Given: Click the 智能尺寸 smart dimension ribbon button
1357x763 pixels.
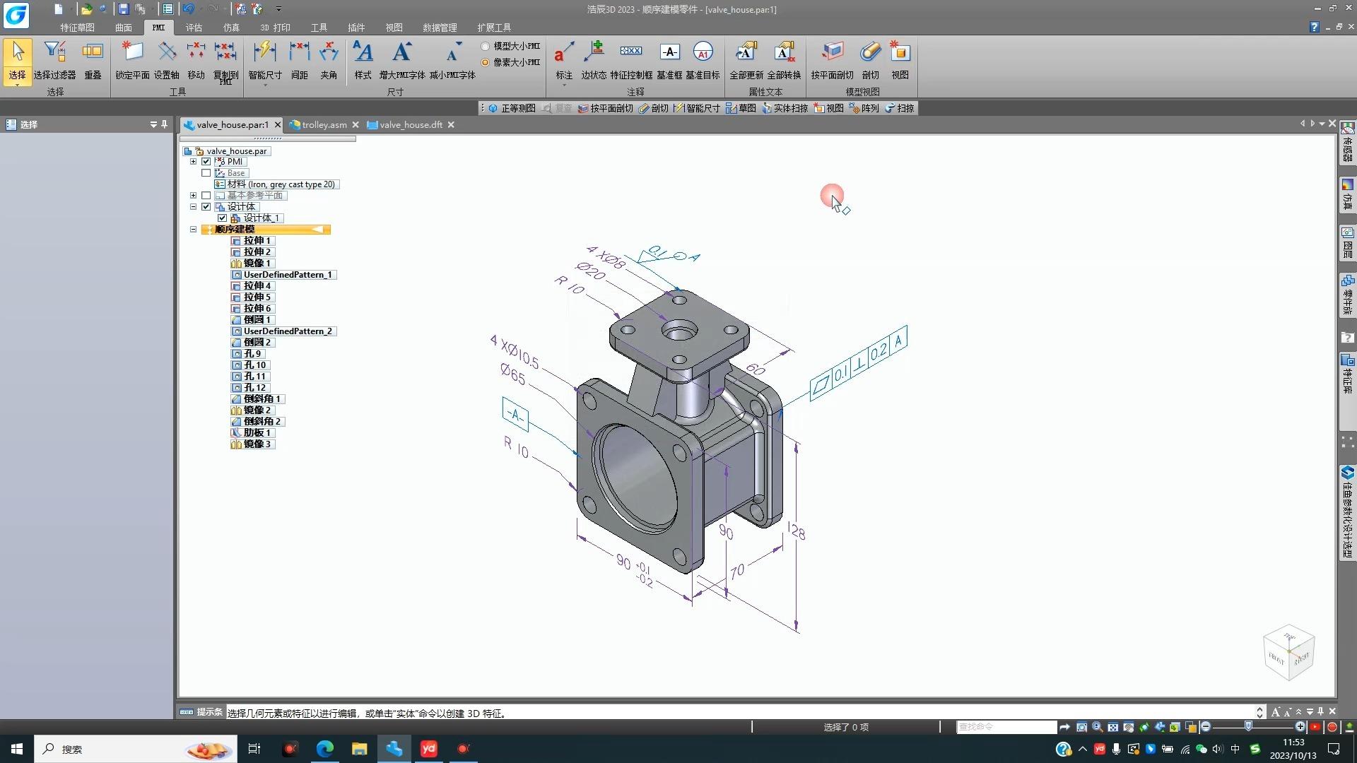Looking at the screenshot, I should click(x=265, y=59).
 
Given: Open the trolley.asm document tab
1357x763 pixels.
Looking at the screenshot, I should click(x=324, y=125).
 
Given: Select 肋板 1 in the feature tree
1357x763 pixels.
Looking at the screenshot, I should click(x=257, y=432).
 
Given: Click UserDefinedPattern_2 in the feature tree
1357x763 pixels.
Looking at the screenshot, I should click(x=287, y=331).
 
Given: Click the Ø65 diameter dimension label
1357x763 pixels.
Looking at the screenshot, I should click(x=513, y=373).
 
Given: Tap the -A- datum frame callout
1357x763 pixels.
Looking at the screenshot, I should click(x=515, y=415).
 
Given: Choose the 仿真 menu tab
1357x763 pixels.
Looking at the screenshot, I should click(x=231, y=28).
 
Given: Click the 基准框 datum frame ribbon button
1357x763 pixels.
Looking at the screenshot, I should click(x=669, y=59).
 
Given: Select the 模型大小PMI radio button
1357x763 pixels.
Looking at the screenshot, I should click(x=486, y=46).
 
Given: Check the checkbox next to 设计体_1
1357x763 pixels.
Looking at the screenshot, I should click(x=222, y=218).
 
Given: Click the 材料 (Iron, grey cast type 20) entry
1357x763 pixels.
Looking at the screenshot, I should click(x=281, y=184).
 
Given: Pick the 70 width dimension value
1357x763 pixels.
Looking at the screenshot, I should click(x=737, y=570).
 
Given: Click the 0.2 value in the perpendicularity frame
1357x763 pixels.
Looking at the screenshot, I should click(x=879, y=351).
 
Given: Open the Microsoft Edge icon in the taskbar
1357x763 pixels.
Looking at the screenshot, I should click(x=324, y=749).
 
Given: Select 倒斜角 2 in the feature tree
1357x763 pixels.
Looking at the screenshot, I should click(x=262, y=421).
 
